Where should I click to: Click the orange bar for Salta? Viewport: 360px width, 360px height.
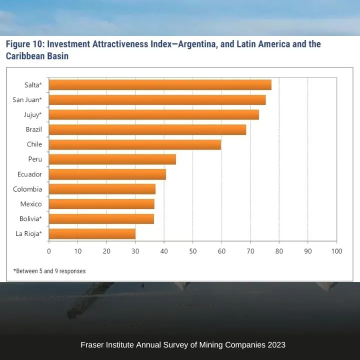(x=160, y=85)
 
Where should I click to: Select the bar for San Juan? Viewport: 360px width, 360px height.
(x=157, y=100)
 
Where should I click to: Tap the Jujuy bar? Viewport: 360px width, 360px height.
(x=154, y=114)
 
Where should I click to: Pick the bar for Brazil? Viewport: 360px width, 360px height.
(x=147, y=129)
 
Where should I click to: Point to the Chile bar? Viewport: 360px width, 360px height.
(x=135, y=144)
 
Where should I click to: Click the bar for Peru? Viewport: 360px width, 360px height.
(x=112, y=159)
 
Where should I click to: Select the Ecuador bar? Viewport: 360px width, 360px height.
(x=107, y=174)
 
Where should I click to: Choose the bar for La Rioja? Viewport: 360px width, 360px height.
(x=92, y=233)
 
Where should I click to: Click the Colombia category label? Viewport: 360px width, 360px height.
(x=27, y=189)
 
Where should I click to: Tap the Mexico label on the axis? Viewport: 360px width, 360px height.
(x=31, y=204)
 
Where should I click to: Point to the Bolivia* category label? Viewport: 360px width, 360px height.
(x=30, y=218)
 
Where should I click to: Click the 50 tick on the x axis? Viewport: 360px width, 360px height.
(x=193, y=251)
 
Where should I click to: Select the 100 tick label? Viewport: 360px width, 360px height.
(x=336, y=251)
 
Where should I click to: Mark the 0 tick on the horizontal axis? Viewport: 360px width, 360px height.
(x=49, y=251)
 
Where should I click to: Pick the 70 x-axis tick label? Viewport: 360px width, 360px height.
(x=250, y=251)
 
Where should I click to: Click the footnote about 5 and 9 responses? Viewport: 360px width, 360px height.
(x=49, y=271)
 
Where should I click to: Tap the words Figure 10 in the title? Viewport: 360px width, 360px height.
(x=24, y=44)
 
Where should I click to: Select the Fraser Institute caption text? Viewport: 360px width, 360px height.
(x=183, y=344)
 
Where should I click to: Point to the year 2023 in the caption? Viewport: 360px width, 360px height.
(x=276, y=344)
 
